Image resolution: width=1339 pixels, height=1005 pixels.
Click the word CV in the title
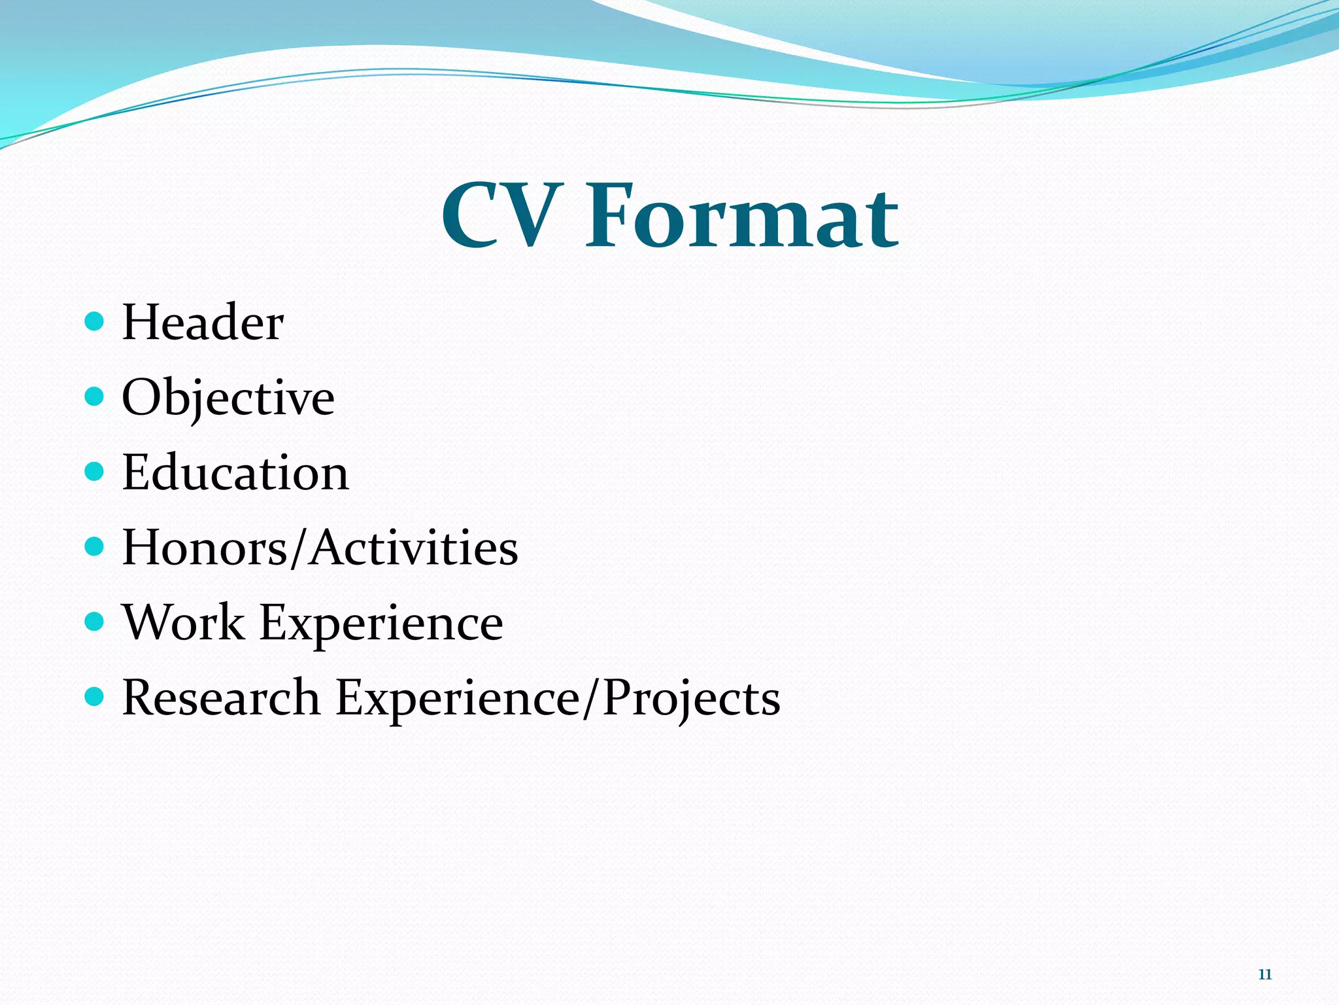[501, 216]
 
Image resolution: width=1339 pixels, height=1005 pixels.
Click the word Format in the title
[742, 216]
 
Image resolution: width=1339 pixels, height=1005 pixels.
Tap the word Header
[203, 323]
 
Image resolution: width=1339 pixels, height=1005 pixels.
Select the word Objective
[228, 397]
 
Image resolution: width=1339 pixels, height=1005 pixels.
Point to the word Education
[235, 472]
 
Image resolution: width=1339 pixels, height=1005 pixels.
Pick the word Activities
[415, 547]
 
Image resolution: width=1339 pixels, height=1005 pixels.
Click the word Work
[184, 622]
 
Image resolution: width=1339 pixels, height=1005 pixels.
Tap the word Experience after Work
[382, 622]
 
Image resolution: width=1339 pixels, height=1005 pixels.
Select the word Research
[221, 697]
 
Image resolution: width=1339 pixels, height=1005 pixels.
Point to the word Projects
[691, 697]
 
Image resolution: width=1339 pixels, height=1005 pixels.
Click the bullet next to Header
[95, 321]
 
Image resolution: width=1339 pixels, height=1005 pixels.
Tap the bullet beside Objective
[95, 396]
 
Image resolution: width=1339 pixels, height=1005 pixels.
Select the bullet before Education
[95, 471]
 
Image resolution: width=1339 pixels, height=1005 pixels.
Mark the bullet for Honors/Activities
[95, 546]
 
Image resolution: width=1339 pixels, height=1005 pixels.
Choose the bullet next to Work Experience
[95, 621]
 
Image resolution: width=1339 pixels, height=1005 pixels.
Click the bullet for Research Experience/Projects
[95, 696]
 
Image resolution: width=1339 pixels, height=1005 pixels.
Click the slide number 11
[1264, 974]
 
